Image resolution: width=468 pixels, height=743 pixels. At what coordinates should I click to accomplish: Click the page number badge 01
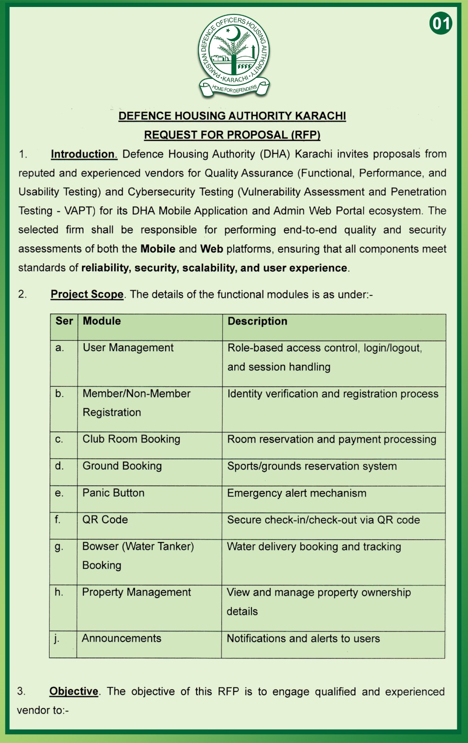pyautogui.click(x=441, y=23)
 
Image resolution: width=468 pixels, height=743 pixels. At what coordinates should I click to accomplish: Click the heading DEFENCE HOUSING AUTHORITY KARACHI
pyautogui.click(x=232, y=116)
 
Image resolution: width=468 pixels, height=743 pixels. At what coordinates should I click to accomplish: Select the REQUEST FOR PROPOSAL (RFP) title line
pyautogui.click(x=232, y=135)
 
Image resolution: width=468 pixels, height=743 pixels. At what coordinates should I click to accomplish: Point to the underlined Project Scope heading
pyautogui.click(x=87, y=294)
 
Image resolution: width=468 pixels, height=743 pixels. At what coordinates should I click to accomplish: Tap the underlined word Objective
pyautogui.click(x=74, y=691)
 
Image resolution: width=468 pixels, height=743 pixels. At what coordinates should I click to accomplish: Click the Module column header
pyautogui.click(x=102, y=321)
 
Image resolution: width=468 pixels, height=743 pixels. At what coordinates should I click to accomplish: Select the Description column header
pyautogui.click(x=257, y=321)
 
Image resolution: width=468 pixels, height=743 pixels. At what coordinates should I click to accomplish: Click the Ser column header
pyautogui.click(x=64, y=321)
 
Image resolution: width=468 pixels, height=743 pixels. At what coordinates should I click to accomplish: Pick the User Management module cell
pyautogui.click(x=128, y=348)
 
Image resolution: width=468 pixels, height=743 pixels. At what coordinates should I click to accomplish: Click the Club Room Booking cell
pyautogui.click(x=131, y=439)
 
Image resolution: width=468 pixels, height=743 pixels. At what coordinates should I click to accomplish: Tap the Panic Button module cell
pyautogui.click(x=113, y=493)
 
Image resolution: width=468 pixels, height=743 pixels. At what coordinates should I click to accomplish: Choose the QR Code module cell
pyautogui.click(x=105, y=520)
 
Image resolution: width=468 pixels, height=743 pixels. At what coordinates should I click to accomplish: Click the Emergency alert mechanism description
pyautogui.click(x=296, y=493)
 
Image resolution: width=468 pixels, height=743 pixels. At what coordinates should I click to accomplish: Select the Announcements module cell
pyautogui.click(x=122, y=639)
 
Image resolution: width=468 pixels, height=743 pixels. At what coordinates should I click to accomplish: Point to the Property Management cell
pyautogui.click(x=136, y=593)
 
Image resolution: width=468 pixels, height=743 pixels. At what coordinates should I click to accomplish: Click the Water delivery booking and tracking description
pyautogui.click(x=314, y=547)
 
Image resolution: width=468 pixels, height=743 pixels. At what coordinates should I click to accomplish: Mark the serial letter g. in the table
pyautogui.click(x=59, y=547)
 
